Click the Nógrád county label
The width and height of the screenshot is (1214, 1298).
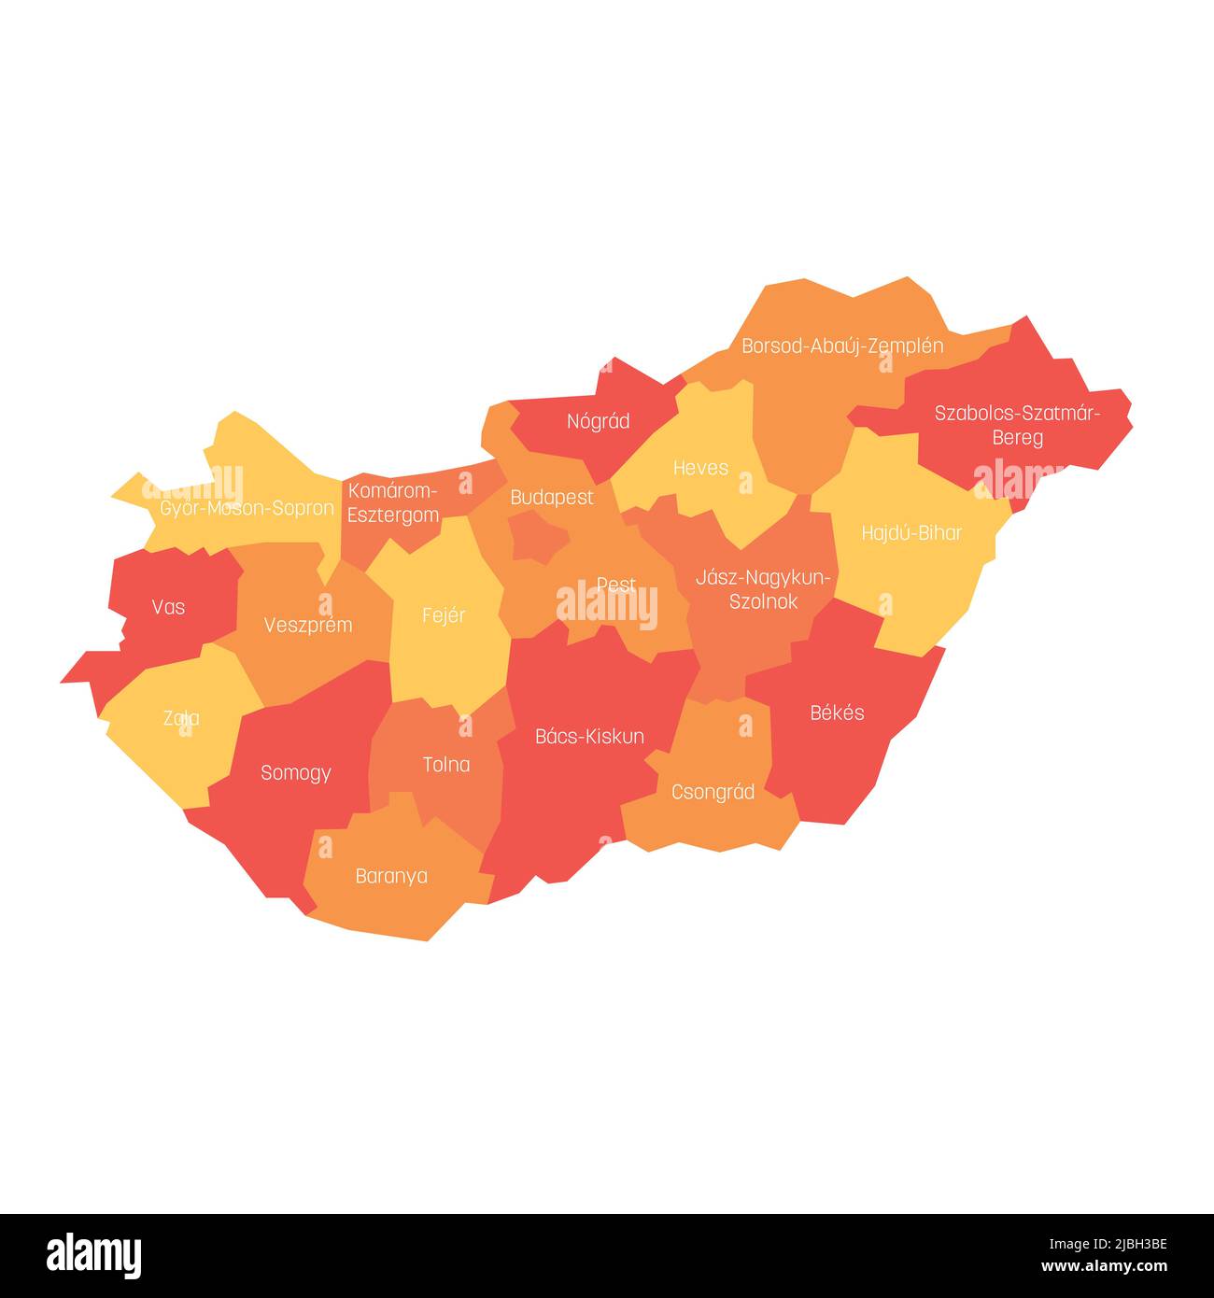(x=599, y=421)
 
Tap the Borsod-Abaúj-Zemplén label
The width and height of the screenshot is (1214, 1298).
(x=842, y=346)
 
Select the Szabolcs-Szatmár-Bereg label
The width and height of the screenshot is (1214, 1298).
(x=1018, y=425)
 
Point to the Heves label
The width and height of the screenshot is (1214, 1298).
(x=700, y=467)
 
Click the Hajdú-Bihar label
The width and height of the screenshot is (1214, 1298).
(x=911, y=532)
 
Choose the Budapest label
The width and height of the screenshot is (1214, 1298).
(x=552, y=497)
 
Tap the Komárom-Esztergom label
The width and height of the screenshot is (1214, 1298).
(x=393, y=502)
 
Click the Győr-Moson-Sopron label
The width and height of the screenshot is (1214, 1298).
(x=247, y=508)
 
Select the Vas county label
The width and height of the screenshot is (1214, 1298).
(x=168, y=607)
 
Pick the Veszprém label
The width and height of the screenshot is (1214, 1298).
(x=308, y=625)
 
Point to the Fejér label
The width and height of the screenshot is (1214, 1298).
(x=444, y=615)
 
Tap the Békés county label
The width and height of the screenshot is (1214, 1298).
(x=837, y=712)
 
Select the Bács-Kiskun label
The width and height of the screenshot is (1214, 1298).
(x=589, y=736)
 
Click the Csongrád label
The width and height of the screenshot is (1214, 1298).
(x=713, y=792)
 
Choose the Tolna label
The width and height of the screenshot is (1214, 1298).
(x=446, y=765)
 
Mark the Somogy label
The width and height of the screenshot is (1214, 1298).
(x=296, y=772)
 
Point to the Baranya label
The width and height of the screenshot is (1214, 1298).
(x=391, y=876)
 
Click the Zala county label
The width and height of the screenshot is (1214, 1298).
(x=181, y=718)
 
